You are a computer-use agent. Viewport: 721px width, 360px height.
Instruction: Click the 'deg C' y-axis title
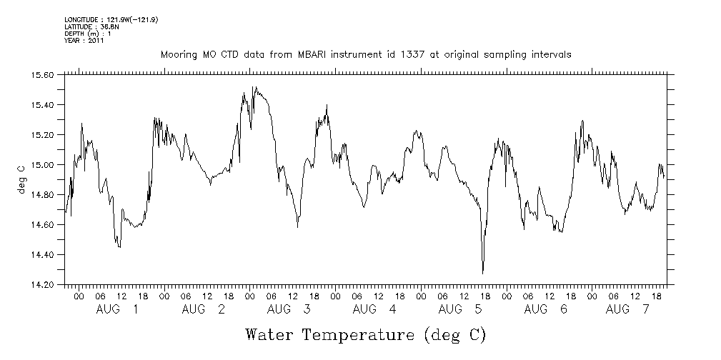pyautogui.click(x=21, y=179)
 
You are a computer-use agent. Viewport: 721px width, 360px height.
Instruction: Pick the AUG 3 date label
pyautogui.click(x=289, y=309)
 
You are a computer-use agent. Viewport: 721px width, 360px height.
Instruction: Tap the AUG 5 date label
pyautogui.click(x=460, y=309)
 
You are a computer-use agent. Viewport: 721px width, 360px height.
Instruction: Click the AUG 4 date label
pyautogui.click(x=374, y=309)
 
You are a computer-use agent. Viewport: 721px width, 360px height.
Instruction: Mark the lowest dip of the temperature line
pyautogui.click(x=483, y=273)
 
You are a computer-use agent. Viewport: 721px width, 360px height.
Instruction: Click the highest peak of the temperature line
pyautogui.click(x=254, y=87)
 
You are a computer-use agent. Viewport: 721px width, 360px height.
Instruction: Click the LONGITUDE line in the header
pyautogui.click(x=111, y=19)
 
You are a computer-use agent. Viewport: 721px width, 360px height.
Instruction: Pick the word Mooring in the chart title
pyautogui.click(x=179, y=54)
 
